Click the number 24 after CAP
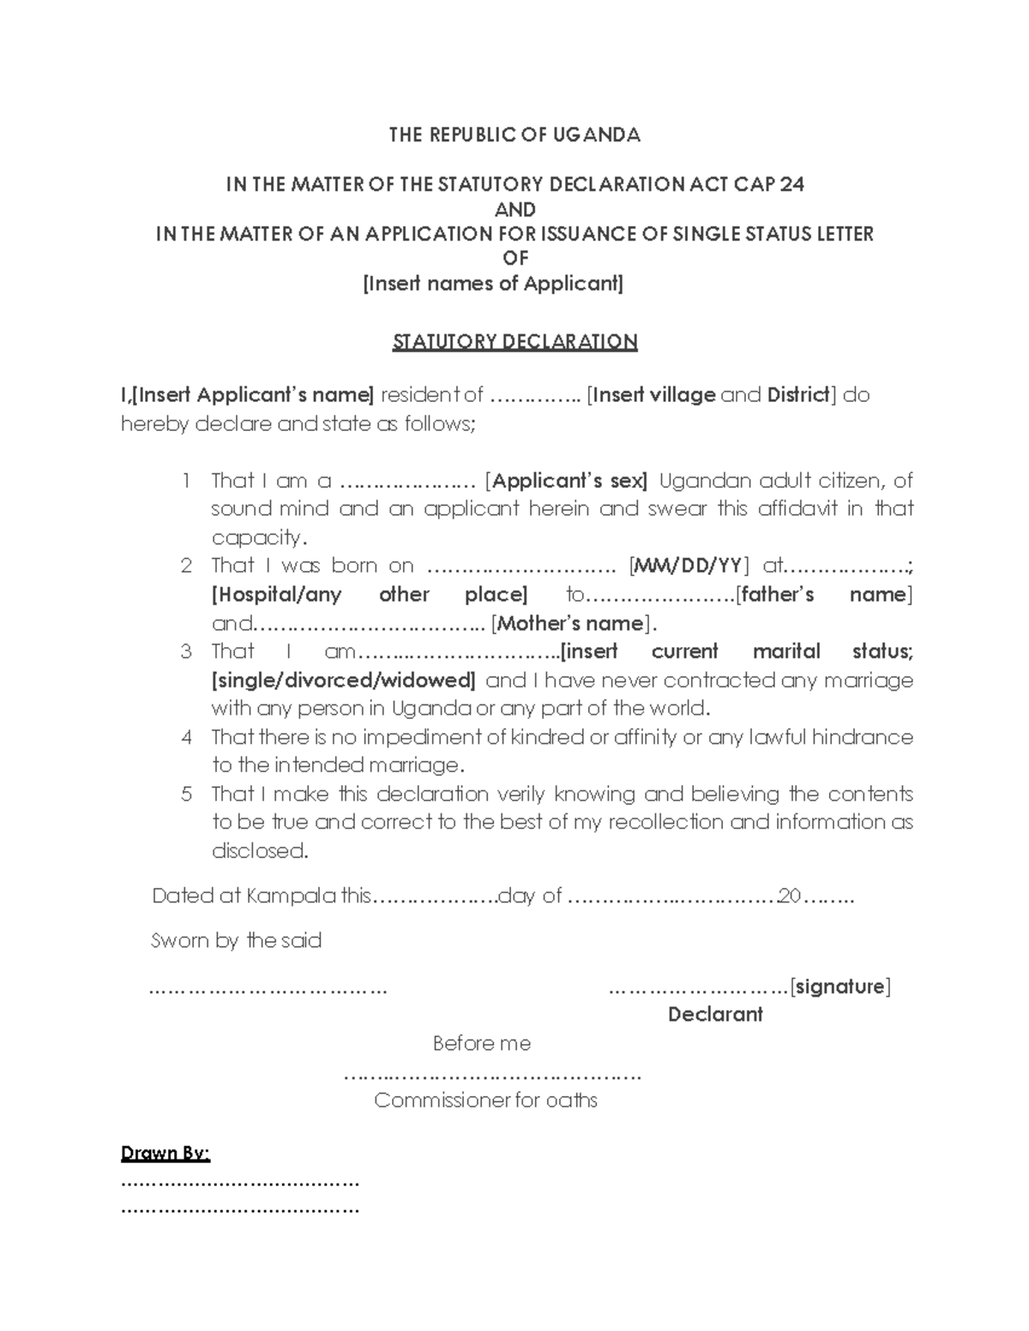pyautogui.click(x=792, y=184)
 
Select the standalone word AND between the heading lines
pyautogui.click(x=515, y=209)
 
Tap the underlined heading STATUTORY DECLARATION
pyautogui.click(x=514, y=342)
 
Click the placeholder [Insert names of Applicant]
pyautogui.click(x=493, y=284)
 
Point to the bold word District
pyautogui.click(x=798, y=395)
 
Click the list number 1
pyautogui.click(x=186, y=481)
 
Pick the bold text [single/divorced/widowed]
pyautogui.click(x=343, y=680)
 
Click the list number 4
pyautogui.click(x=186, y=737)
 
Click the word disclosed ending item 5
pyautogui.click(x=258, y=851)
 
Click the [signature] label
pyautogui.click(x=840, y=986)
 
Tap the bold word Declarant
pyautogui.click(x=715, y=1015)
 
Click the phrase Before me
pyautogui.click(x=482, y=1044)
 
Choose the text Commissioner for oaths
pyautogui.click(x=485, y=1100)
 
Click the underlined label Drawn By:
pyautogui.click(x=165, y=1154)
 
